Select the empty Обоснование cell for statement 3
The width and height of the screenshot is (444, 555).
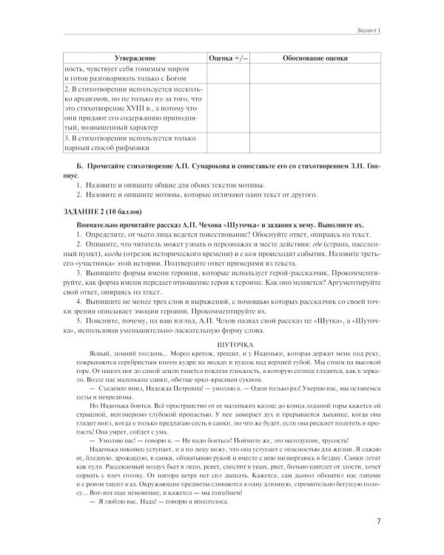(x=317, y=144)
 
